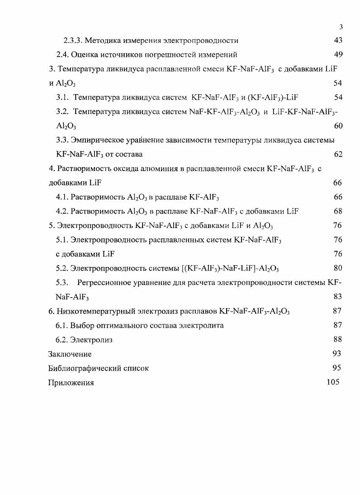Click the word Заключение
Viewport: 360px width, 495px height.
(x=70, y=354)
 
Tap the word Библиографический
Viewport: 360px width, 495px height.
(x=85, y=368)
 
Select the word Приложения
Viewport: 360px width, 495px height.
(x=71, y=383)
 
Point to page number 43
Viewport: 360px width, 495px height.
(x=338, y=41)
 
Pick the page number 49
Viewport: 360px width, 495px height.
(x=338, y=55)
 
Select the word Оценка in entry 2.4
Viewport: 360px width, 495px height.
(x=85, y=55)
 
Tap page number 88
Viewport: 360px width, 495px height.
(x=337, y=340)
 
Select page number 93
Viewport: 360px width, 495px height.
(x=336, y=354)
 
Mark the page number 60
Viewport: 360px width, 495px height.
(x=338, y=126)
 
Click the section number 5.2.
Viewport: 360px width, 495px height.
(x=62, y=268)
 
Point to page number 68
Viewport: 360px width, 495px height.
(x=338, y=211)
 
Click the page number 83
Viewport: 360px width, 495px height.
(x=337, y=297)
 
